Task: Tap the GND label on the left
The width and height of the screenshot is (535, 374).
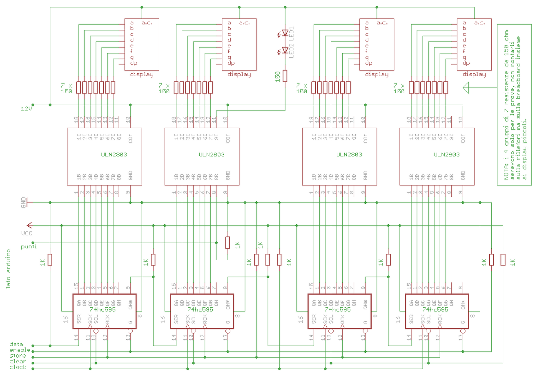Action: [x=23, y=202]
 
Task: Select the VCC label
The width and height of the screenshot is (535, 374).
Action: [x=27, y=233]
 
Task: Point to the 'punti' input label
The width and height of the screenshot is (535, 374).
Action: [x=29, y=246]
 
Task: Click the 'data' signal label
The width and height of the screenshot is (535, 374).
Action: [x=16, y=345]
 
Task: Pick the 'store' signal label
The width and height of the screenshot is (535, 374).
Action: [x=18, y=356]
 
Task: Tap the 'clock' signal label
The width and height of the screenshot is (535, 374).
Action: [x=18, y=367]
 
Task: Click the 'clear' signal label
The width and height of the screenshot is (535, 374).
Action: [x=18, y=361]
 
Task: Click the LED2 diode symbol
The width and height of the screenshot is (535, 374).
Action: [x=285, y=51]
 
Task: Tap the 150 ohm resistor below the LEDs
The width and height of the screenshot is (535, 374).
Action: [x=285, y=76]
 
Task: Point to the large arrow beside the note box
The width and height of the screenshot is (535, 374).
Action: [x=478, y=87]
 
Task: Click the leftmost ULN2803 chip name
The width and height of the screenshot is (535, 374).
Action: [x=114, y=155]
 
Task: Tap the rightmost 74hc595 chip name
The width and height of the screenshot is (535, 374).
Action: [x=438, y=310]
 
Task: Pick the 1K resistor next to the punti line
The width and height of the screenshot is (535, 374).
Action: [x=227, y=243]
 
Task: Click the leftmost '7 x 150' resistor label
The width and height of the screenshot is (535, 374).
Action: [x=67, y=88]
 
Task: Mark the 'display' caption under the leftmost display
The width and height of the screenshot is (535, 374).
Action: [x=142, y=74]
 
